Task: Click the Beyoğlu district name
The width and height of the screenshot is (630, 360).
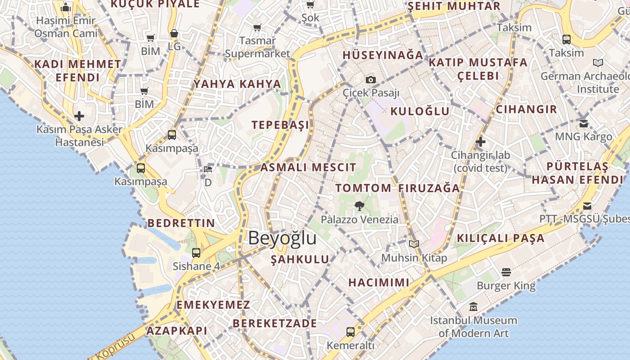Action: (282, 238)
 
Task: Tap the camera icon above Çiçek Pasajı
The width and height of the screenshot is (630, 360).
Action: (370, 80)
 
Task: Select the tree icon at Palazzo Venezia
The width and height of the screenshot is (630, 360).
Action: (359, 206)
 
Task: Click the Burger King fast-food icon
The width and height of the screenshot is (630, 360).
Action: (506, 272)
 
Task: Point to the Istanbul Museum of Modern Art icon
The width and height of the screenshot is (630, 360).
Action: (473, 307)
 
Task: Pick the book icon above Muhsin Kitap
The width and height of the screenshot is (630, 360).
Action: (414, 244)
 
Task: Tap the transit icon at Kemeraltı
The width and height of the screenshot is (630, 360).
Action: (351, 332)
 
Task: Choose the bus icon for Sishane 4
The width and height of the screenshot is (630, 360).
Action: (196, 252)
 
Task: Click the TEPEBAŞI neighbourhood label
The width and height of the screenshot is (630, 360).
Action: (281, 125)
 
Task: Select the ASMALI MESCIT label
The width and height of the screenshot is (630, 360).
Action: (308, 168)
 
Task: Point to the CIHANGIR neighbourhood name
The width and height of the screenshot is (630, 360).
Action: (526, 109)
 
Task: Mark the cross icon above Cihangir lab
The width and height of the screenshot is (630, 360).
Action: (481, 142)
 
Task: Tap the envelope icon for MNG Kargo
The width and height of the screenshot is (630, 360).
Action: (584, 123)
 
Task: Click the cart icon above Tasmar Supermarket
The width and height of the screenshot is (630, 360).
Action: (257, 28)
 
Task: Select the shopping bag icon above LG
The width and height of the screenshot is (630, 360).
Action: (174, 33)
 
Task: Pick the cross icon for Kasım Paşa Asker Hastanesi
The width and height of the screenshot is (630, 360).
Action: (79, 116)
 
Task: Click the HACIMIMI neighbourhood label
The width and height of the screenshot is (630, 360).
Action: (379, 283)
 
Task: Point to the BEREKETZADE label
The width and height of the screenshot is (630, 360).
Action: (274, 323)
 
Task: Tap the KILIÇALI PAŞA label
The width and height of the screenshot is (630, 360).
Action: (501, 238)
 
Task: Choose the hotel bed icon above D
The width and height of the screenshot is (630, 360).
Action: (208, 169)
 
